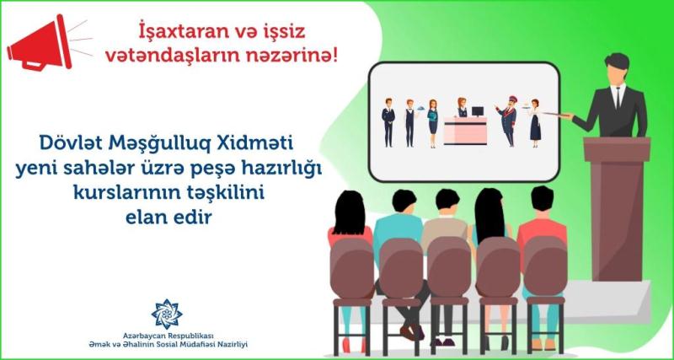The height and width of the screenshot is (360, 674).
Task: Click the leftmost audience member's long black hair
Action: (x=349, y=215)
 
